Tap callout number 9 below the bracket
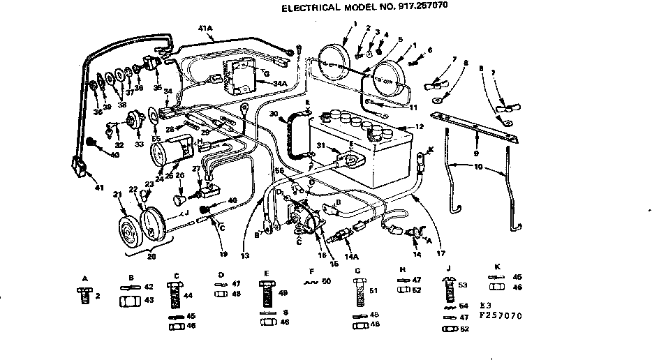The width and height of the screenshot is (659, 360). (x=476, y=153)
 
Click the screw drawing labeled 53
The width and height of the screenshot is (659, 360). (x=449, y=290)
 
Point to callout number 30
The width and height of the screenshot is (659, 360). (x=274, y=113)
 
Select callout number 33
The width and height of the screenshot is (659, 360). (x=138, y=144)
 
